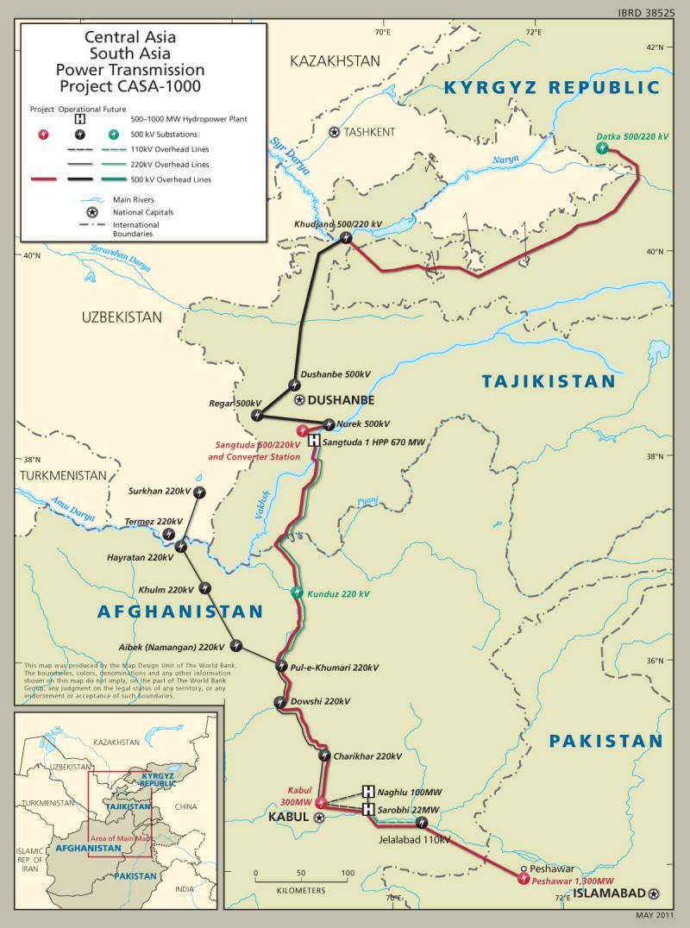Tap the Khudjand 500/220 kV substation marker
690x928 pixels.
345,238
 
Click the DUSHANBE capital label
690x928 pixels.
341,400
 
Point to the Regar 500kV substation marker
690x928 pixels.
257,416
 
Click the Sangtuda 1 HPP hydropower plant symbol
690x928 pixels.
314,441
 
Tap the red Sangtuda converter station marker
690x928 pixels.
302,430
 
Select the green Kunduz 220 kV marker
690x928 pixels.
297,593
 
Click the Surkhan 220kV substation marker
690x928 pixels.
199,492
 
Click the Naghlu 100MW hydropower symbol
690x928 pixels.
368,792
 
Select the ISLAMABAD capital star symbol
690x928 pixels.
654,894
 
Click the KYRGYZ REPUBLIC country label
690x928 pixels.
551,87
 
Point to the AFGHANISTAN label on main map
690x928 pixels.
179,611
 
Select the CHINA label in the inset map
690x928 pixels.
185,806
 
